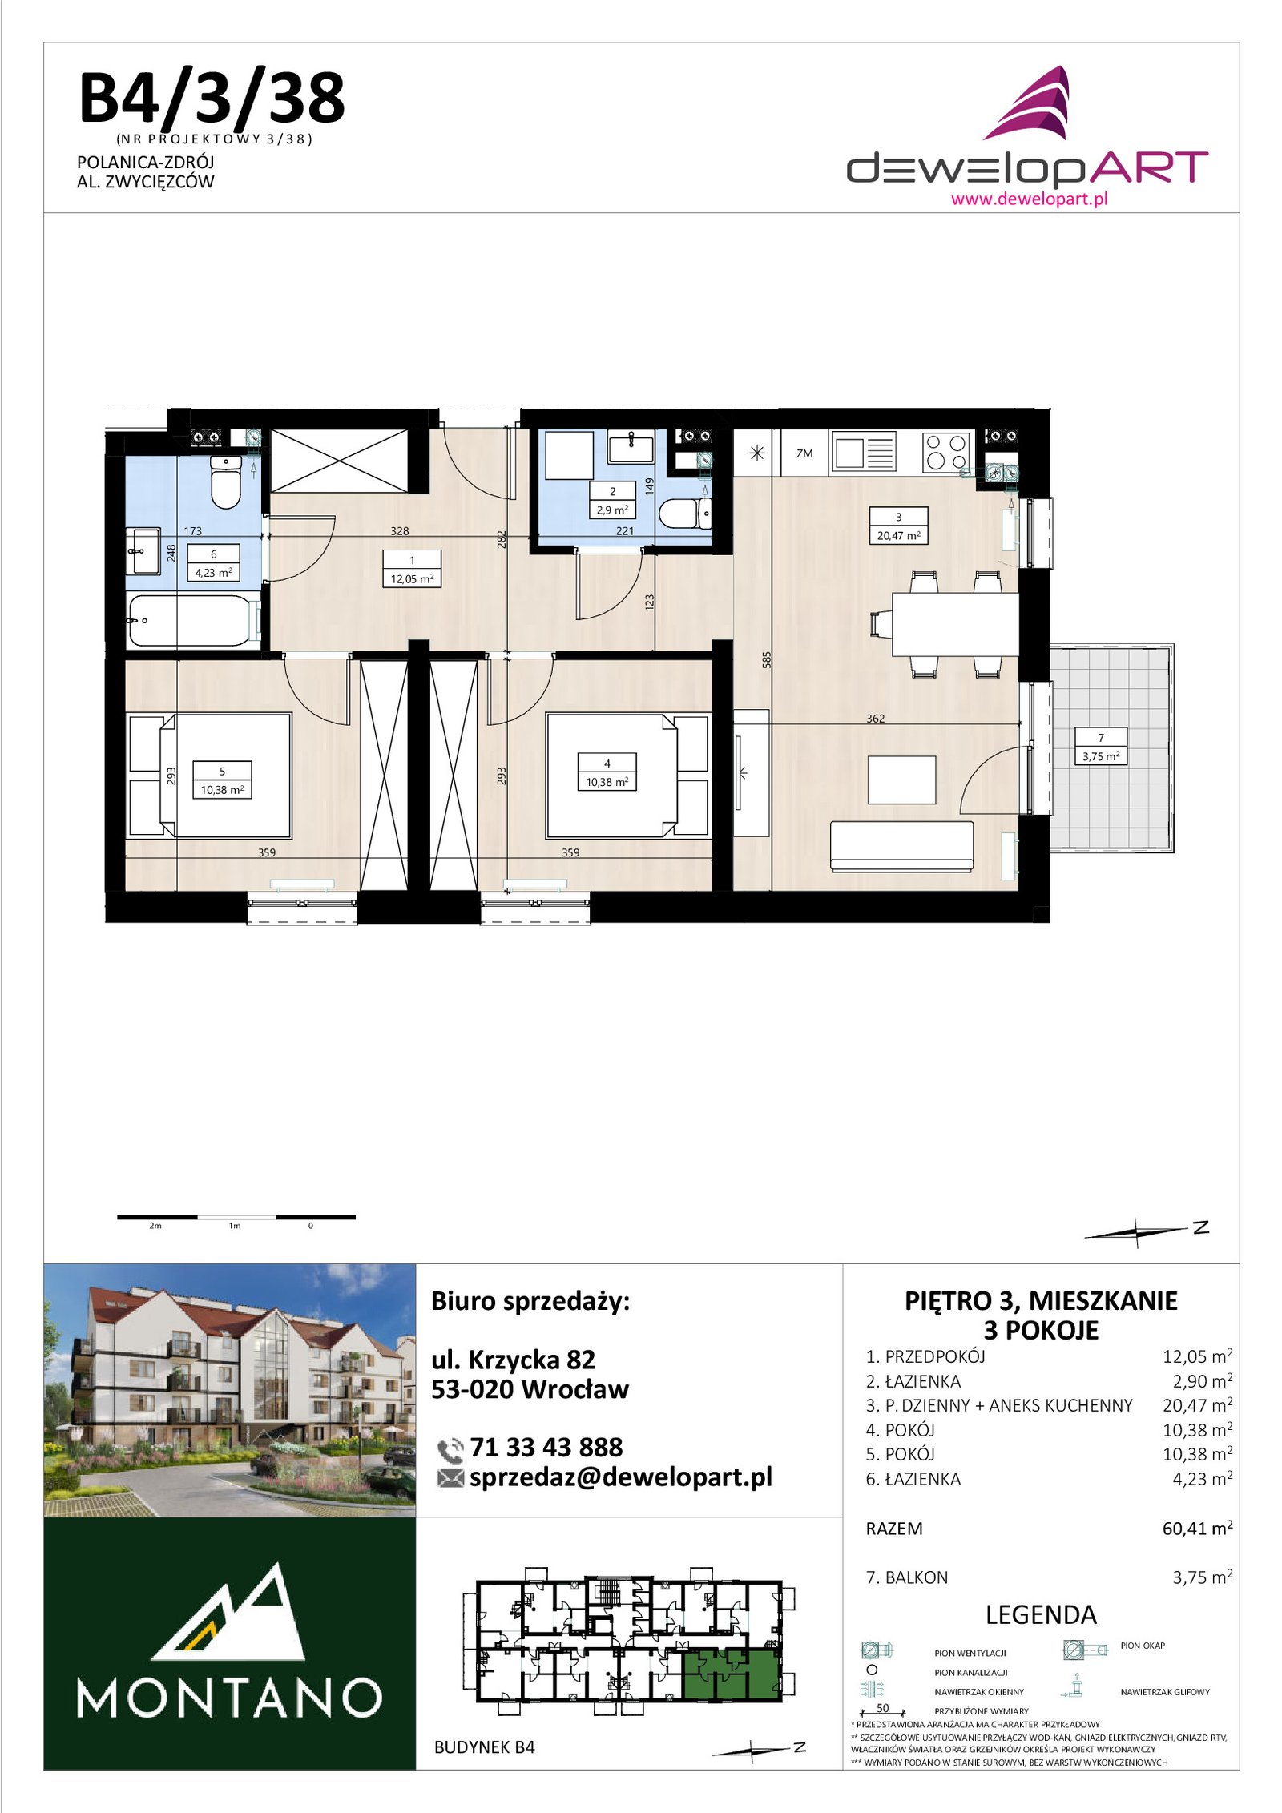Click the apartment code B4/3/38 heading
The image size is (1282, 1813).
(x=212, y=98)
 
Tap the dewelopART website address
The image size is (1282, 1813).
(x=1029, y=199)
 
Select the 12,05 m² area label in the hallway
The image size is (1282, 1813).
(x=412, y=578)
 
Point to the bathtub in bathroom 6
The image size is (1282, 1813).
(x=193, y=620)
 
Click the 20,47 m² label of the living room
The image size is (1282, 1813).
(x=898, y=535)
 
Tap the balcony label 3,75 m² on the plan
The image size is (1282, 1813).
(x=1101, y=755)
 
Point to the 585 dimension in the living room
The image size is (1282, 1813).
(x=767, y=659)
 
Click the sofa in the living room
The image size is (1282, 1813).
(x=901, y=846)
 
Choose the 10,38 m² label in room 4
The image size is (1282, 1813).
(x=607, y=782)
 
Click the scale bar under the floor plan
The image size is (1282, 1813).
(x=236, y=1217)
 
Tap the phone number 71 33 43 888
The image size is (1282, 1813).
(x=546, y=1447)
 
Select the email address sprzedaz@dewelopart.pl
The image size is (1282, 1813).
(x=621, y=1477)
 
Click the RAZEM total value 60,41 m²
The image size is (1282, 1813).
(x=1197, y=1528)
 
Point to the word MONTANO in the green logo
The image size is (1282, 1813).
(x=229, y=1697)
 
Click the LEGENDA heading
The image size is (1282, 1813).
(x=1041, y=1614)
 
